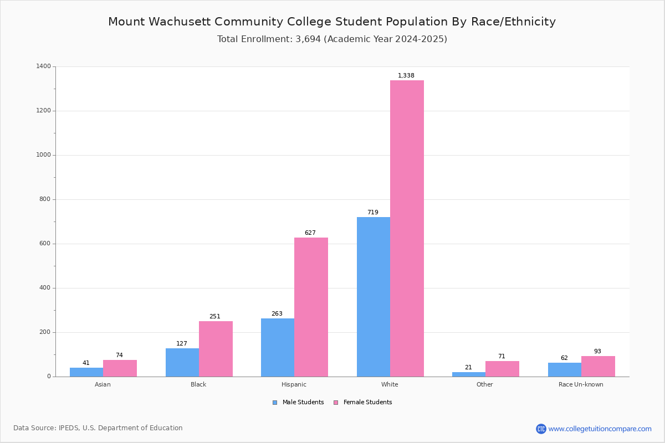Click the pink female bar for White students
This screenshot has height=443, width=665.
tap(407, 228)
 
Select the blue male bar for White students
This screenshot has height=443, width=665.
tap(373, 297)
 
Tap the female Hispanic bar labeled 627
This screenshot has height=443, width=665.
tap(311, 307)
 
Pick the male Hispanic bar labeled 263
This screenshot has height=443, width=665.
tap(277, 347)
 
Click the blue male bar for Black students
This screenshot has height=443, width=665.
tap(182, 362)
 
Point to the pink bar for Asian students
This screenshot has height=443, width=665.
tap(120, 368)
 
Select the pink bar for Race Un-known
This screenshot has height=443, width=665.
tap(598, 366)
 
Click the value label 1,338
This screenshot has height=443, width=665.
tap(406, 76)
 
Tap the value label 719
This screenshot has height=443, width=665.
tap(372, 213)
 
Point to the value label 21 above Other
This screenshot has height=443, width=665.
tap(468, 368)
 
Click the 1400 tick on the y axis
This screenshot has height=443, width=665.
tap(43, 66)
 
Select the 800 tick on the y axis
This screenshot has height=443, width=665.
tap(45, 199)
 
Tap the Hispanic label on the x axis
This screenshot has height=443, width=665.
tap(294, 384)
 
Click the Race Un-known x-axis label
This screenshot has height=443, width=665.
tap(581, 384)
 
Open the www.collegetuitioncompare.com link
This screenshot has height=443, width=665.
tap(600, 429)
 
